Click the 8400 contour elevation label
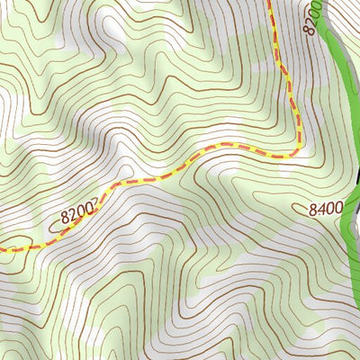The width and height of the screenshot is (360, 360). point(326,209)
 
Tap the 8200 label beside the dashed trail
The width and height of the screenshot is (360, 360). point(78,214)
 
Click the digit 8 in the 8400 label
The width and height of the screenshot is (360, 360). point(313,209)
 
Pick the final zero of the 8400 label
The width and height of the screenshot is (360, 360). point(338,209)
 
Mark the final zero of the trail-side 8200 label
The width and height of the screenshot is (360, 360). point(90,210)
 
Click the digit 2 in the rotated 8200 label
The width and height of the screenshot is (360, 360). point(312,22)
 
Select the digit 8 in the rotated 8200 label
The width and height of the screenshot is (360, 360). point(311,31)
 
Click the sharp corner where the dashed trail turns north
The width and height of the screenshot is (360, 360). point(296,153)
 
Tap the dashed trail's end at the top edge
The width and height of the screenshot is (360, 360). point(270,2)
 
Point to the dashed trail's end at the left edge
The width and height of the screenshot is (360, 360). point(2,248)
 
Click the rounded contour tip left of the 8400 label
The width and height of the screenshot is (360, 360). point(299,210)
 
